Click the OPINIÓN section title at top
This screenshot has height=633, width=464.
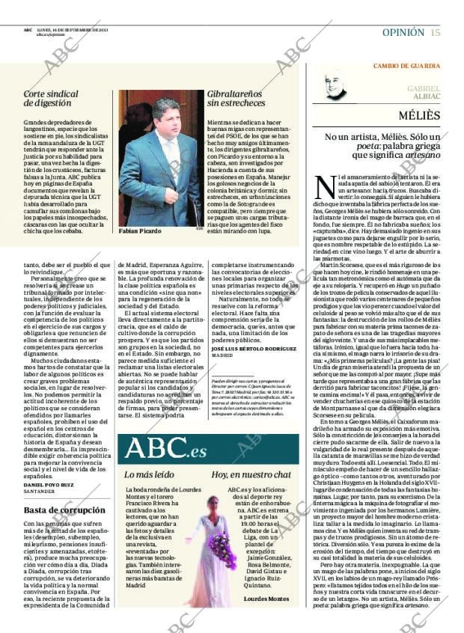tap(403, 32)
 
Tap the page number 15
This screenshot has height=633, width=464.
tap(435, 32)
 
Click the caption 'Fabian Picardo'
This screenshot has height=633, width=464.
tap(141, 231)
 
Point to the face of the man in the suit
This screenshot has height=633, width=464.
tap(167, 116)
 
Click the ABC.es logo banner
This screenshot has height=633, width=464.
tap(166, 448)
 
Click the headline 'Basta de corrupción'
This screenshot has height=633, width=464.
tap(58, 510)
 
